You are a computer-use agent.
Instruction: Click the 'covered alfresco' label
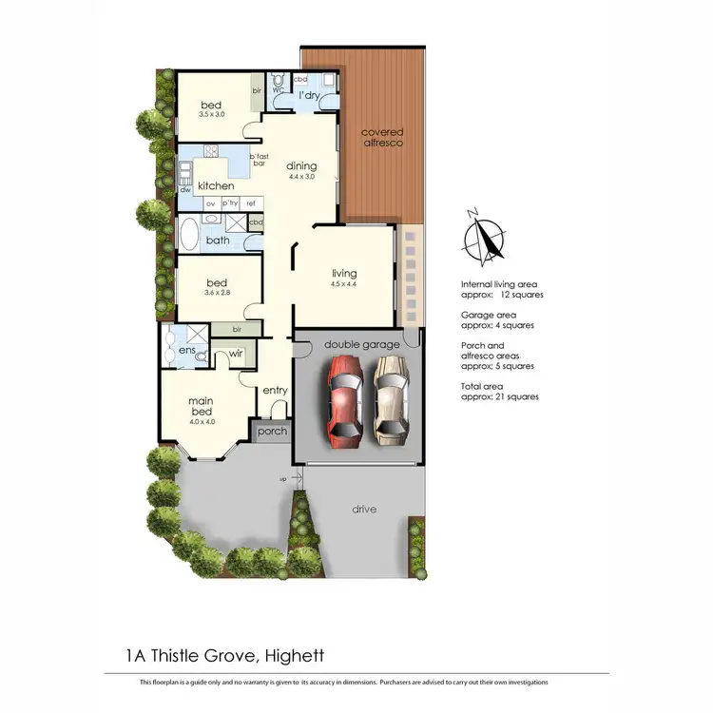tap(381, 137)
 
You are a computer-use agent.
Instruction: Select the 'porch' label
tap(273, 432)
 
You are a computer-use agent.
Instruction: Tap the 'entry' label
tap(275, 391)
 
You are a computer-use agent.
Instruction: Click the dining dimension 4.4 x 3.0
tap(301, 177)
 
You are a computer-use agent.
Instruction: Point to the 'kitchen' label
tap(216, 185)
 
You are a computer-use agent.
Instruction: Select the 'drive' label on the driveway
tap(363, 510)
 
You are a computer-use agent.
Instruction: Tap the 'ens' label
tap(186, 351)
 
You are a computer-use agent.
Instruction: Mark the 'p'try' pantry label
tap(230, 202)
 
